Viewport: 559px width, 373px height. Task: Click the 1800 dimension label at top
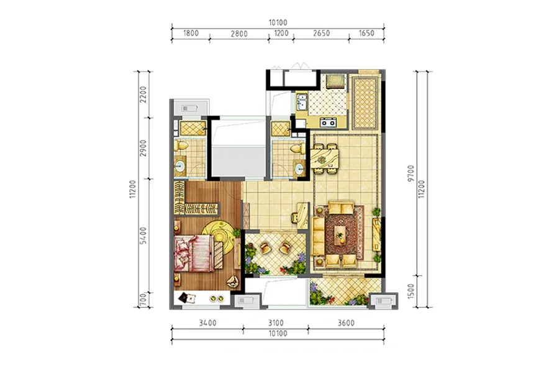pyautogui.click(x=191, y=33)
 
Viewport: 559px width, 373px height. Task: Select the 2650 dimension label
pyautogui.click(x=321, y=33)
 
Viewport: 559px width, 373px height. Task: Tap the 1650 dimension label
pyautogui.click(x=366, y=33)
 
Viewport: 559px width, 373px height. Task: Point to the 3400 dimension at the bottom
pyautogui.click(x=207, y=323)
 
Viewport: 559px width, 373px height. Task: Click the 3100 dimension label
pyautogui.click(x=276, y=323)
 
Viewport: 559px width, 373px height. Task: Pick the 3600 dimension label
pyautogui.click(x=346, y=323)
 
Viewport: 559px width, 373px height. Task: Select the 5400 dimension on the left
pyautogui.click(x=143, y=235)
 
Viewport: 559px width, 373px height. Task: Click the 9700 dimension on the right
pyautogui.click(x=411, y=173)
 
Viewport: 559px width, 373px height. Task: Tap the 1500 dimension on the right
pyautogui.click(x=411, y=291)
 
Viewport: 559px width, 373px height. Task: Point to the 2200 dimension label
pyautogui.click(x=143, y=94)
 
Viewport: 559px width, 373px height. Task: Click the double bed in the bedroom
pyautogui.click(x=194, y=253)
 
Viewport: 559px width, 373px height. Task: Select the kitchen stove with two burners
pyautogui.click(x=328, y=122)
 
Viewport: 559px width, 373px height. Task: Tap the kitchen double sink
pyautogui.click(x=302, y=101)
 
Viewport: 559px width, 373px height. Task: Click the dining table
pyautogui.click(x=325, y=158)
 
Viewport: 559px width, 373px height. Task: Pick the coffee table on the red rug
pyautogui.click(x=340, y=234)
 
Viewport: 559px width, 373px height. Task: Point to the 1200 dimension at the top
pyautogui.click(x=281, y=33)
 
